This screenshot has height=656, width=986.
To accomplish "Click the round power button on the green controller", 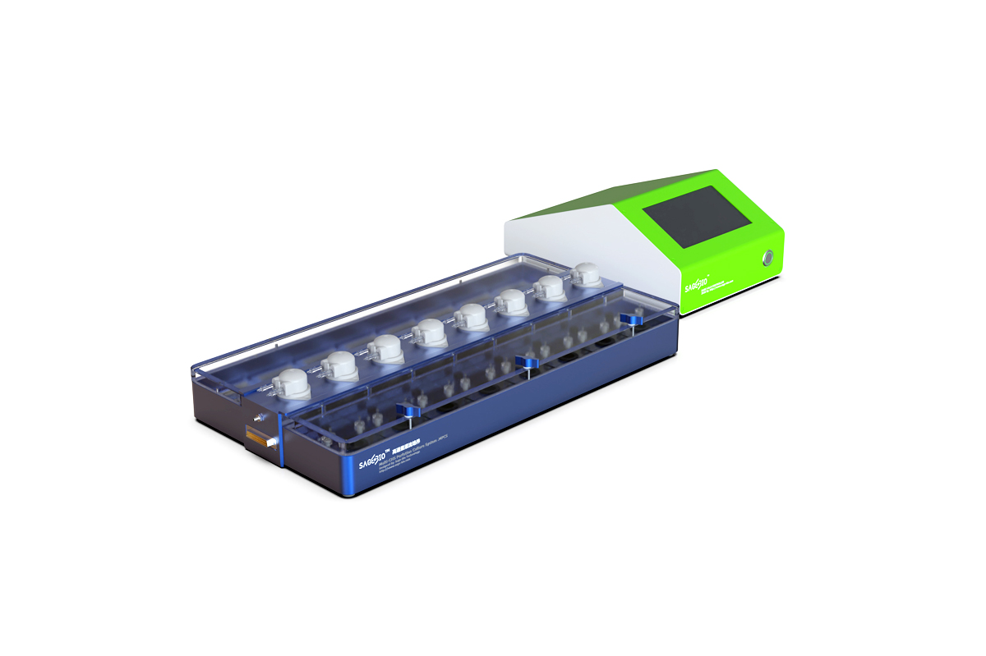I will click(767, 258).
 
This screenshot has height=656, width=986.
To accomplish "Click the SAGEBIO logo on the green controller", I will click(695, 286).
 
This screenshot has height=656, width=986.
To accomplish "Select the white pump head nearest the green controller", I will click(587, 273).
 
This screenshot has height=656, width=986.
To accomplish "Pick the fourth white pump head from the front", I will click(428, 333).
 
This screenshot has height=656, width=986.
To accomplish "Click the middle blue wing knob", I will click(526, 362).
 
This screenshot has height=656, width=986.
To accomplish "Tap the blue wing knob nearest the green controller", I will click(631, 319).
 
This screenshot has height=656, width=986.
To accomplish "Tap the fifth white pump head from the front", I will click(472, 316).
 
